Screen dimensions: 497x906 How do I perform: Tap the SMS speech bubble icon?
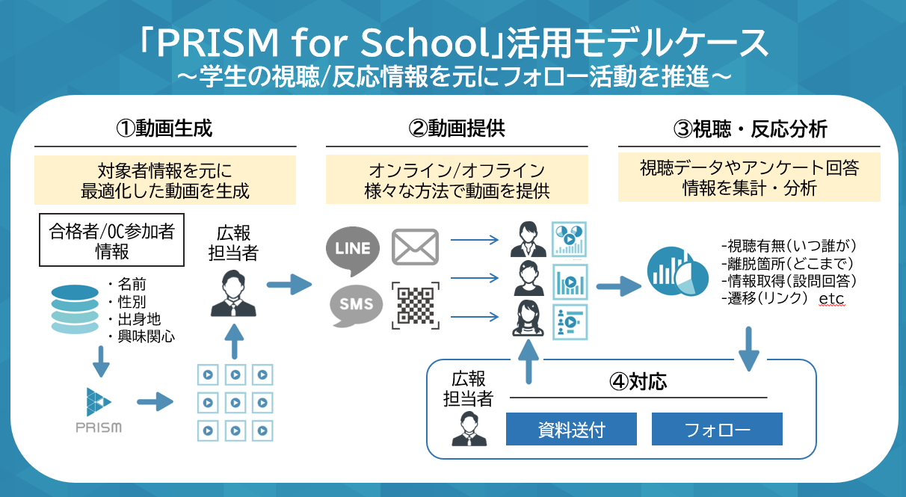[353, 305]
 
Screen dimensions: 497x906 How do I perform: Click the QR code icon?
[415, 305]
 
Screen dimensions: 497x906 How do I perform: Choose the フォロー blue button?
[717, 430]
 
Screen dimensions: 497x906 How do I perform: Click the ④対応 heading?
[638, 382]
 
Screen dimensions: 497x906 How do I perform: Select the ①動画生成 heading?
[164, 129]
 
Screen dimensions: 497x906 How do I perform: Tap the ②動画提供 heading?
[457, 129]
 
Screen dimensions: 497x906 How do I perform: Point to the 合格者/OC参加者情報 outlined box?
[111, 241]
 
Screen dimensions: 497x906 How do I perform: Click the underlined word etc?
[831, 299]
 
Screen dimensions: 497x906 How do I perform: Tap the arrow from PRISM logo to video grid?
[155, 403]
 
